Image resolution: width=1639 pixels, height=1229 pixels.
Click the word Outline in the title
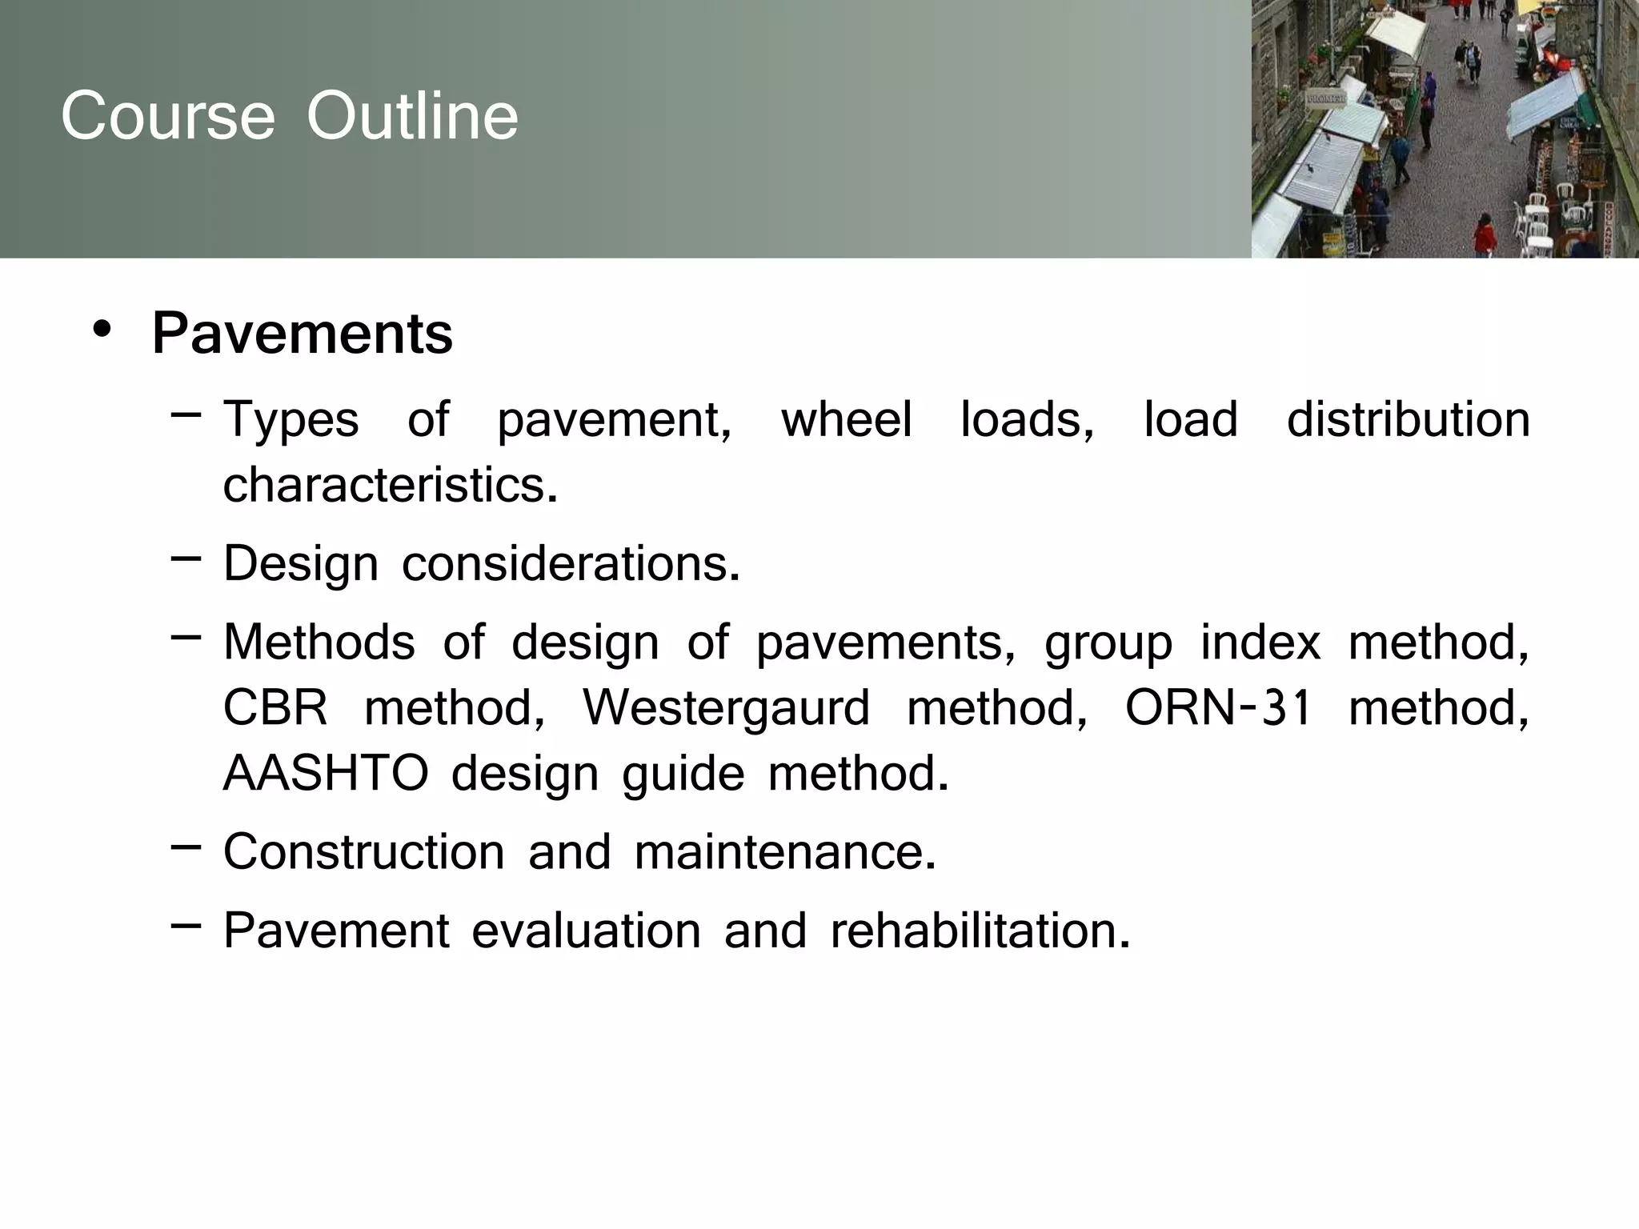pos(412,116)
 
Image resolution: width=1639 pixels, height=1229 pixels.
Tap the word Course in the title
pos(168,116)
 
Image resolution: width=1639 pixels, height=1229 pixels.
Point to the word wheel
pos(846,419)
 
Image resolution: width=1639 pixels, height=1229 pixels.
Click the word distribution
pos(1408,419)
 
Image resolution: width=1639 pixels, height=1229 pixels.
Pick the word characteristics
pos(389,485)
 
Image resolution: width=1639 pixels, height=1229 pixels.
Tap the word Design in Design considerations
pos(301,564)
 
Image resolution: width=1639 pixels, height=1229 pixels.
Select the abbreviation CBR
pos(275,708)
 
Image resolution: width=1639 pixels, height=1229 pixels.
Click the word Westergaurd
pos(726,708)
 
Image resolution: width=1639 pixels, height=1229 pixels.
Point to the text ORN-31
pos(1218,708)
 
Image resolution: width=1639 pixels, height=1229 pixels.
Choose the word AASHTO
pos(326,774)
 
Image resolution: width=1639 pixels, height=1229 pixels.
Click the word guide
pos(683,774)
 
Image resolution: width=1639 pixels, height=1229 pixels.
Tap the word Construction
pos(363,851)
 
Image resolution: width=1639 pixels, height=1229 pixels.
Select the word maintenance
pos(784,851)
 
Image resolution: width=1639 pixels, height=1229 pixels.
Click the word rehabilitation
pos(980,931)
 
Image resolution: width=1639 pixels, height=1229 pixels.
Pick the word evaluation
pos(586,931)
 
